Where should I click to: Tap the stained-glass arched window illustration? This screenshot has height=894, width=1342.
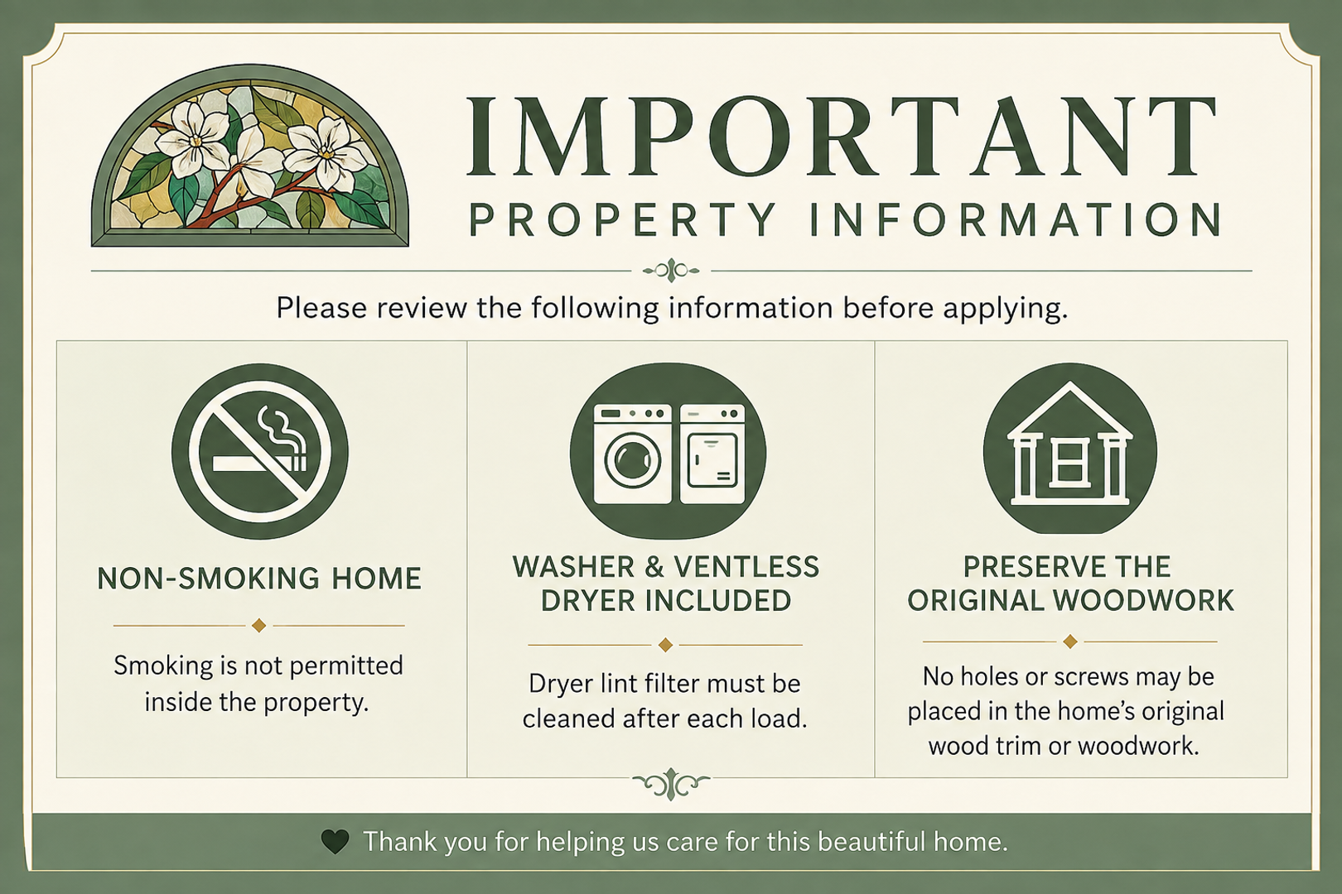pos(250,156)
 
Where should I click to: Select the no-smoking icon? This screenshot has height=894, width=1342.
pos(259,451)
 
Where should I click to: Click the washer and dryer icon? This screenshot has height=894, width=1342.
pos(668,450)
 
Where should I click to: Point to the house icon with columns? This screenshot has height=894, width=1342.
pos(1070,449)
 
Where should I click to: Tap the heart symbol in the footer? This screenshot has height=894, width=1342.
pos(335,841)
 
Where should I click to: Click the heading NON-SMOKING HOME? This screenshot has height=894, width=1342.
pos(259,579)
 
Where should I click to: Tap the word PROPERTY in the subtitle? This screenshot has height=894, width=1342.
pos(623,219)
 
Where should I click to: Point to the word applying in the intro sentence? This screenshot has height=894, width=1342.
pos(1006,309)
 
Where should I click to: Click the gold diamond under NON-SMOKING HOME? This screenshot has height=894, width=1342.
pos(258,626)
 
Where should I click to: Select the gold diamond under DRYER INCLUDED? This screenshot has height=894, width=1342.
pos(665,645)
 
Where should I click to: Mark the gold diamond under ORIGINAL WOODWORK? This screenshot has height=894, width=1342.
pos(1070,642)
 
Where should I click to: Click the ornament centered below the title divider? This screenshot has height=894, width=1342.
pos(671,272)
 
